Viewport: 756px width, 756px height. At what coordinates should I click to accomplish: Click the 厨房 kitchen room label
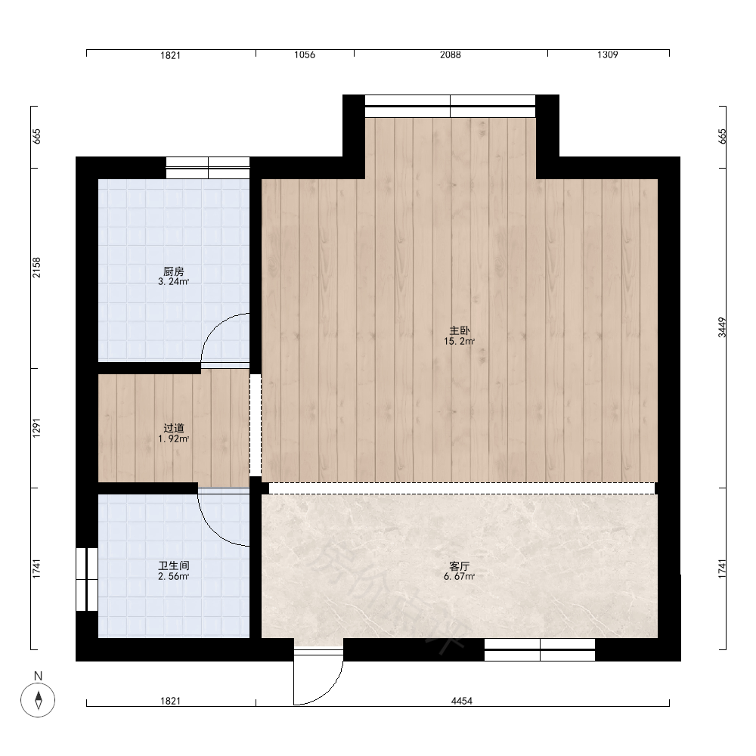174,271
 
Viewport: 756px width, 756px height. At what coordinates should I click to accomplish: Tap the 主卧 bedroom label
460,331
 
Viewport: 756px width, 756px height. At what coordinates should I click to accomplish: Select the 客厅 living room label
459,566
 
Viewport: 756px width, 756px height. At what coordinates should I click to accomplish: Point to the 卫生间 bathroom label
174,565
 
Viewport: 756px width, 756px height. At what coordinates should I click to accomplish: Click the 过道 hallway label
174,428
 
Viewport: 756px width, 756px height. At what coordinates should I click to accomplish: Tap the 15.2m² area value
460,342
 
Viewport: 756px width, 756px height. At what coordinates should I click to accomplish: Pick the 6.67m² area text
460,577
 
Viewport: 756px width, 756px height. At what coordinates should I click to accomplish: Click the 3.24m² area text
174,282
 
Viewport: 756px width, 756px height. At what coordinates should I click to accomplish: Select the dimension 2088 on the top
451,55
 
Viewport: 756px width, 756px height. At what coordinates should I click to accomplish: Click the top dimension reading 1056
305,55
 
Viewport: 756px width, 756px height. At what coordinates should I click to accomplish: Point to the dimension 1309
608,55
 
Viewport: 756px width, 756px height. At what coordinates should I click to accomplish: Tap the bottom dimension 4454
461,701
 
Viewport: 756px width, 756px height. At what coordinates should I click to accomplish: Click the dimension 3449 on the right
722,327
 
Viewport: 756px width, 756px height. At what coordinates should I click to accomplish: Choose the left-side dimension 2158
36,268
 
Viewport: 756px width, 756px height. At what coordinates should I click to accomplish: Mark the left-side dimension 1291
36,428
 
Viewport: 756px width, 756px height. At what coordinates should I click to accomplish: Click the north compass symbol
38,699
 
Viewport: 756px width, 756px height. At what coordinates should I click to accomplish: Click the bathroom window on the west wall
87,579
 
